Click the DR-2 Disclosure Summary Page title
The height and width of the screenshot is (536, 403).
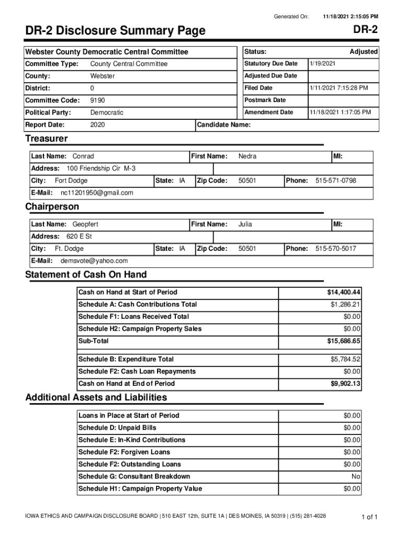(115, 31)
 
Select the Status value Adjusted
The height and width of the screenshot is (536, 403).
(363, 52)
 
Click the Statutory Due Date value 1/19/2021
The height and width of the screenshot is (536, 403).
(322, 63)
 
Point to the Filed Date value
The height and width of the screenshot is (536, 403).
(339, 88)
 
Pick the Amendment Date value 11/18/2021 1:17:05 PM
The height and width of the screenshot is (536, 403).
(340, 112)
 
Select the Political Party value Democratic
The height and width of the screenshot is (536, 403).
(107, 113)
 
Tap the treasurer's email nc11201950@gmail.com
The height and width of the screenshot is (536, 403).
(93, 193)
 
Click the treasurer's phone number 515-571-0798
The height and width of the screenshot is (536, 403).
(335, 181)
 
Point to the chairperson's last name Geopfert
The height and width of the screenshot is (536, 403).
(85, 224)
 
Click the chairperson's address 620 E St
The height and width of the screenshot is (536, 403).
(79, 236)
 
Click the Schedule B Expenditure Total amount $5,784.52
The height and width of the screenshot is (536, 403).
(345, 359)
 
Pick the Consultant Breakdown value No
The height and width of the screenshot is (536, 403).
(356, 476)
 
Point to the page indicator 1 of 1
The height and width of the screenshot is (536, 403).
(370, 517)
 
